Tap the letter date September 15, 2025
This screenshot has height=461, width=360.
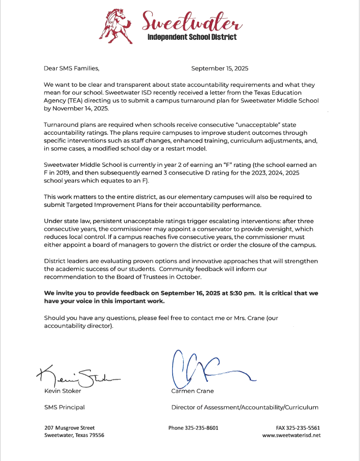tap(220, 68)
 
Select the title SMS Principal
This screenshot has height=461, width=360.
tap(64, 407)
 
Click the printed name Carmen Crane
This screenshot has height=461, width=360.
tap(193, 391)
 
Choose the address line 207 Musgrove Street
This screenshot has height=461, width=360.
tap(69, 428)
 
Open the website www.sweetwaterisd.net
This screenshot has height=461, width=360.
tap(291, 435)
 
